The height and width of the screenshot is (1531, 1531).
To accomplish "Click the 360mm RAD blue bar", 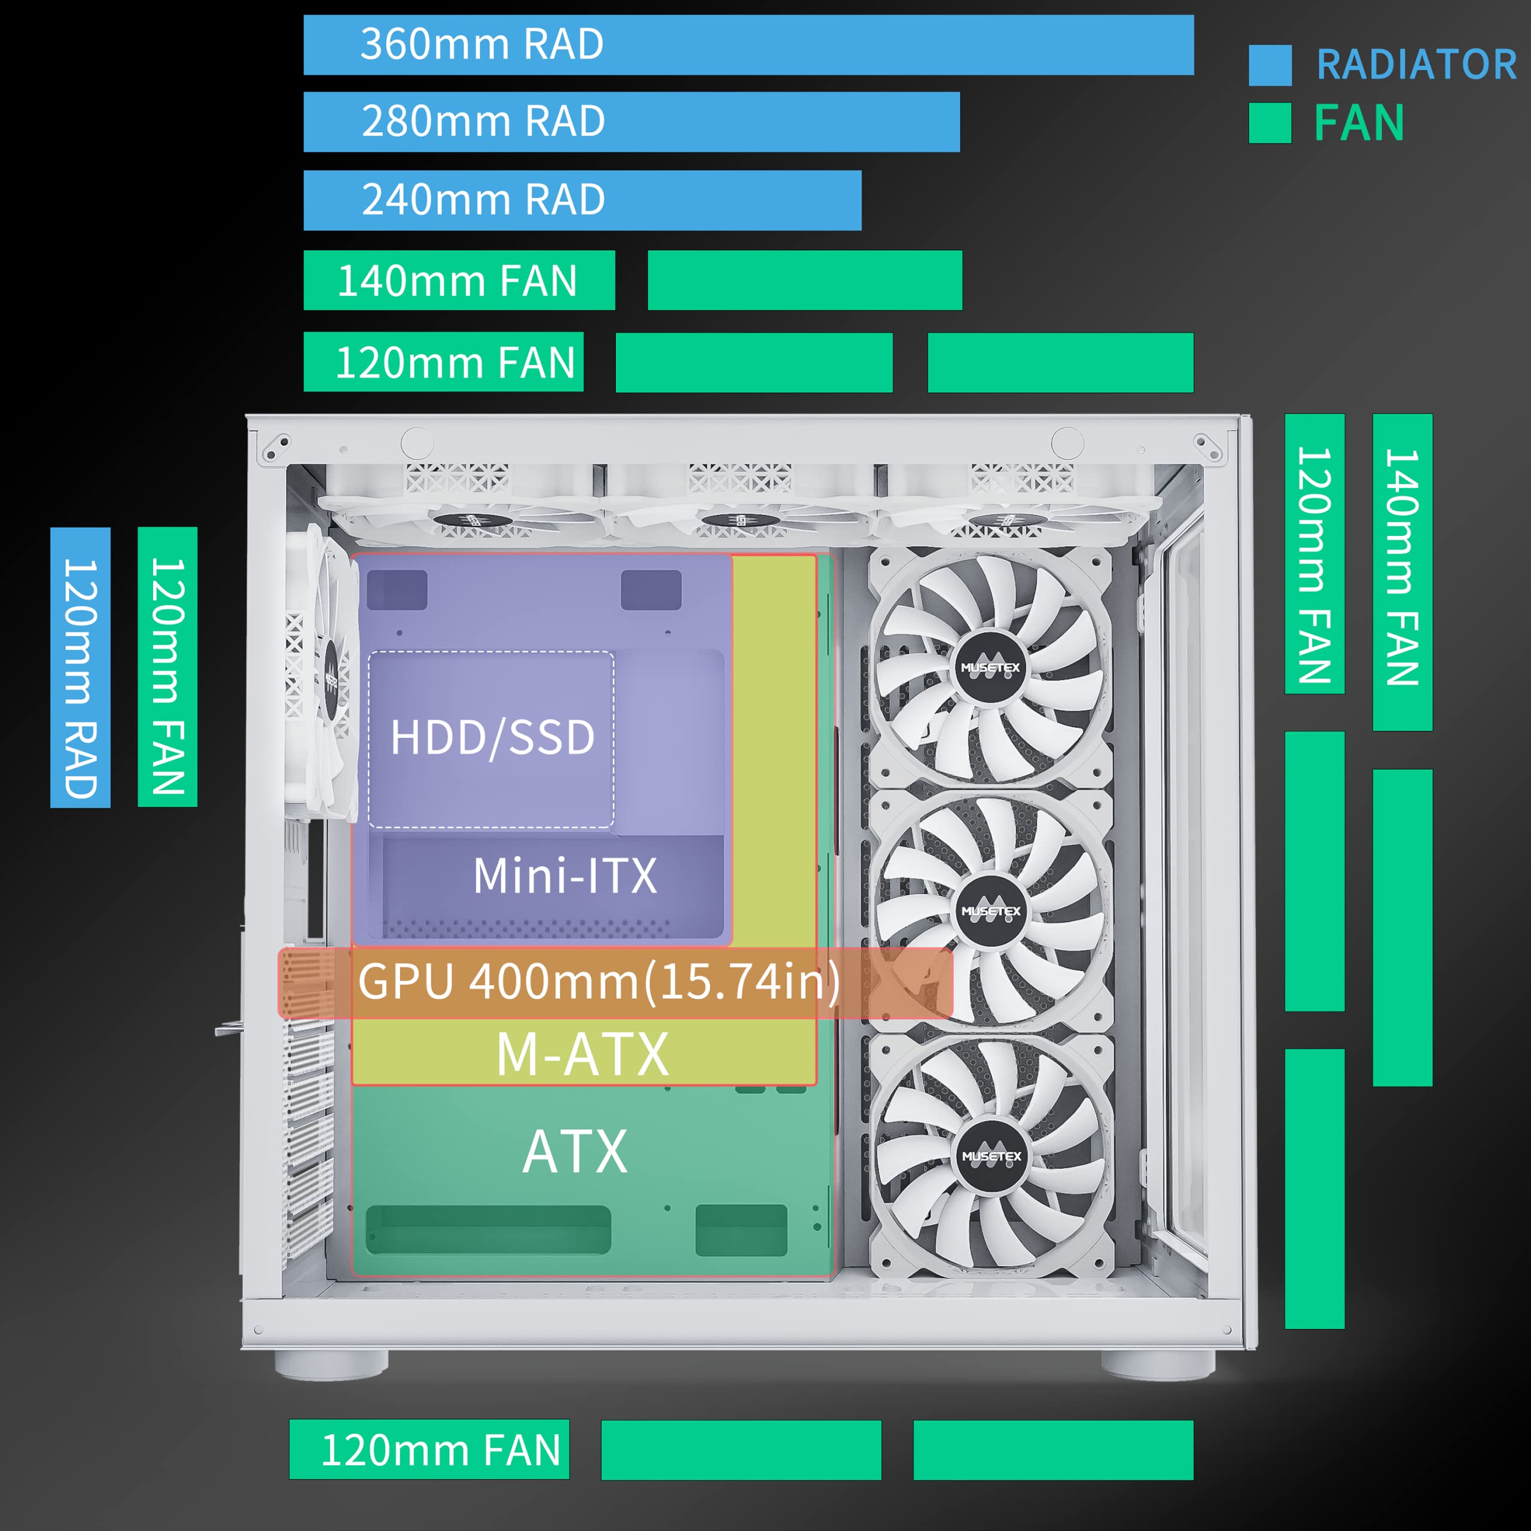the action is click(748, 44).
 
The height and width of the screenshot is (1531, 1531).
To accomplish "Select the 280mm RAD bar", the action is click(632, 121).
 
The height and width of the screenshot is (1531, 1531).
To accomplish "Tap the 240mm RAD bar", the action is click(582, 200).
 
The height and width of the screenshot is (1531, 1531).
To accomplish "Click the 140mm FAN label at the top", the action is click(458, 280).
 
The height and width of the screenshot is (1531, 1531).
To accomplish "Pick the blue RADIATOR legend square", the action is click(1270, 65).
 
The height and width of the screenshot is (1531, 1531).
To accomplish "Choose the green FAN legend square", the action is click(1270, 123).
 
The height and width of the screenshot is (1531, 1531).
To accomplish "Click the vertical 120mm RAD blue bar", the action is click(80, 667).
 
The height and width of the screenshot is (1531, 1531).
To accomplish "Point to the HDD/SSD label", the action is click(492, 737).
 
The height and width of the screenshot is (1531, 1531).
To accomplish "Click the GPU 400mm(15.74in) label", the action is click(599, 982).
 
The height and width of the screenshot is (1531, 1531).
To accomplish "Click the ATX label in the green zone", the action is click(575, 1151).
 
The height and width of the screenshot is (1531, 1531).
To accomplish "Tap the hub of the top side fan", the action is click(990, 668).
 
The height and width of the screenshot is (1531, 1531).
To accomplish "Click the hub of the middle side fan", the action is click(990, 911).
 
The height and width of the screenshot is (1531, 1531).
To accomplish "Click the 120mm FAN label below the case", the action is click(441, 1450).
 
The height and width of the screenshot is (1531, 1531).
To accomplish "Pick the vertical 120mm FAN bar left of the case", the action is click(167, 667).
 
